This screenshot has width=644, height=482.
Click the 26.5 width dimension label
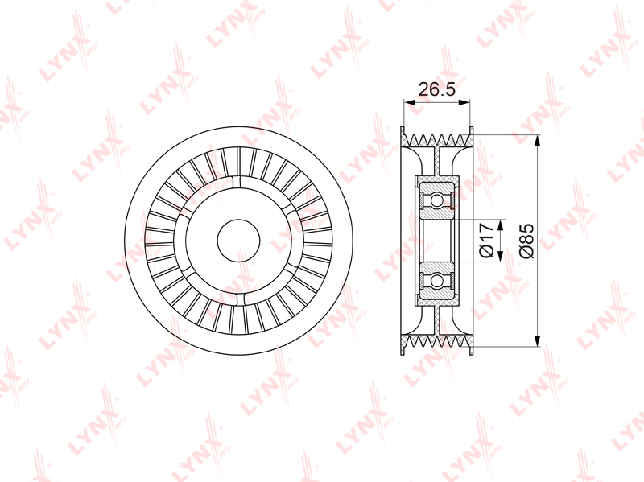(x=436, y=89)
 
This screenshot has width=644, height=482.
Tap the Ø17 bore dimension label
(x=486, y=240)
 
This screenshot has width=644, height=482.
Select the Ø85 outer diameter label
(x=526, y=241)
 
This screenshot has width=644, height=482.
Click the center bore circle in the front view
(x=238, y=241)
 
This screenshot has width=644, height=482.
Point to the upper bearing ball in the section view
(x=436, y=200)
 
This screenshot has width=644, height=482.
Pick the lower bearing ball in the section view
(x=436, y=280)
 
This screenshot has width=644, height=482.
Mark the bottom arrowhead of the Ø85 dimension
(x=537, y=340)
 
